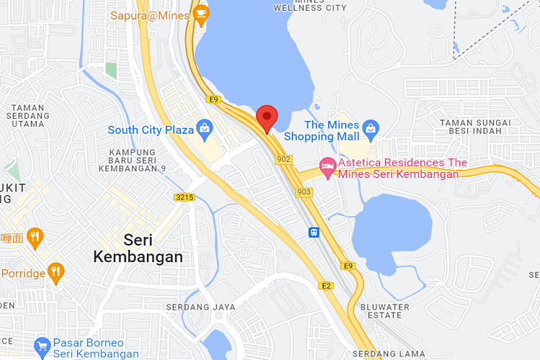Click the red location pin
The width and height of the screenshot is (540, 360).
pyautogui.click(x=267, y=118)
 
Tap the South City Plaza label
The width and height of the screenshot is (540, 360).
pyautogui.click(x=150, y=130)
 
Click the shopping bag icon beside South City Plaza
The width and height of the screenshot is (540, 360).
pyautogui.click(x=205, y=130)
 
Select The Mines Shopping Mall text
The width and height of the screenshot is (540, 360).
pyautogui.click(x=321, y=130)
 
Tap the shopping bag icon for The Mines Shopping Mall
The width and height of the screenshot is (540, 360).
pyautogui.click(x=371, y=130)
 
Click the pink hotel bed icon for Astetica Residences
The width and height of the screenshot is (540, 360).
pyautogui.click(x=328, y=168)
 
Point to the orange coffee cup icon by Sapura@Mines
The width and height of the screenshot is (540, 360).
pyautogui.click(x=200, y=14)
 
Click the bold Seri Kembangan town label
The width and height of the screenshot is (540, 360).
pyautogui.click(x=138, y=248)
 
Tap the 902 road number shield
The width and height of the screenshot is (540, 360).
pyautogui.click(x=283, y=158)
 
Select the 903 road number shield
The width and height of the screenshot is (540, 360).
pyautogui.click(x=304, y=192)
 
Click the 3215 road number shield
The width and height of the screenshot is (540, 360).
pyautogui.click(x=185, y=197)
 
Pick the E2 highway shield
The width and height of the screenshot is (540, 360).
pyautogui.click(x=326, y=286)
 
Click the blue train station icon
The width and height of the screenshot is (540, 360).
pyautogui.click(x=315, y=233)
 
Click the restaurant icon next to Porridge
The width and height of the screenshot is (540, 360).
pyautogui.click(x=55, y=272)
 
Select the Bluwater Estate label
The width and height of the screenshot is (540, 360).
pyautogui.click(x=384, y=312)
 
